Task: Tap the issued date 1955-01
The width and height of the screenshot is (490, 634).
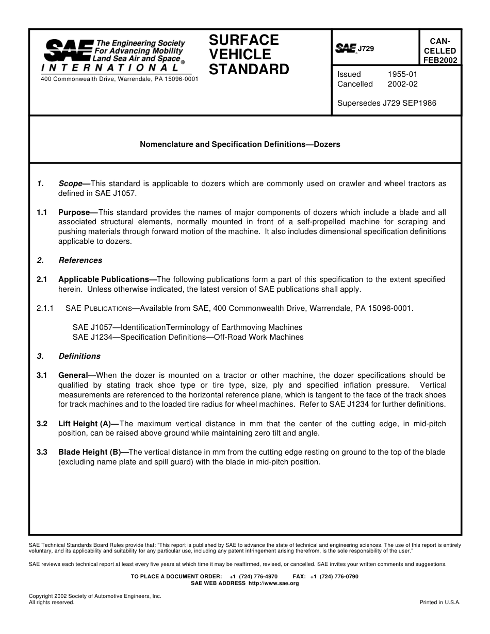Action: (x=402, y=74)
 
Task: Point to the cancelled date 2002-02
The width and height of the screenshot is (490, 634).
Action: (x=402, y=84)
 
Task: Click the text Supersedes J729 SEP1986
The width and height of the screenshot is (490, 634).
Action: (x=386, y=103)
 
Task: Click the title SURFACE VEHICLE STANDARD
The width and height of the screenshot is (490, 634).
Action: (x=249, y=55)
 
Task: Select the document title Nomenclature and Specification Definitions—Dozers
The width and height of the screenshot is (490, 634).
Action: (x=240, y=144)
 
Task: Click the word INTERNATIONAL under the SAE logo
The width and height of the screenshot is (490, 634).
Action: (x=110, y=68)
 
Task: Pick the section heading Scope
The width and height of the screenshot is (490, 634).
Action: (x=71, y=183)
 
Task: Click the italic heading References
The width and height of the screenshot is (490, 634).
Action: (x=80, y=260)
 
